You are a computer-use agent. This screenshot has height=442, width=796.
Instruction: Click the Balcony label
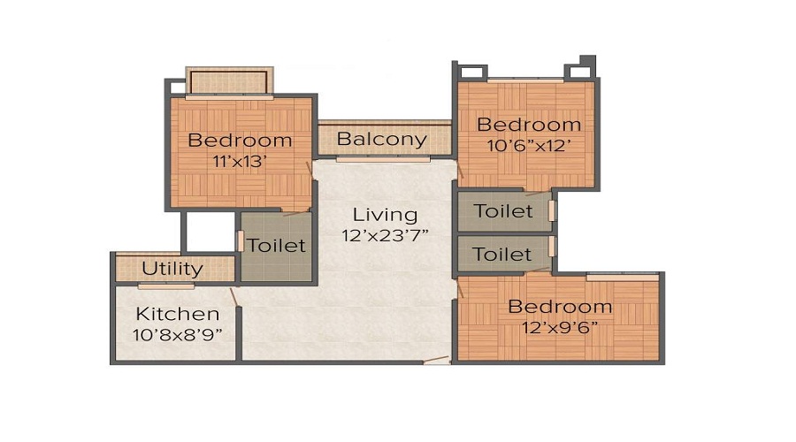coord(382,140)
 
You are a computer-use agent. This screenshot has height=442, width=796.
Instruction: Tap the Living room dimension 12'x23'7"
coord(386,235)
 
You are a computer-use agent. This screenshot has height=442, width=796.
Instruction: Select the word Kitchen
coord(178,314)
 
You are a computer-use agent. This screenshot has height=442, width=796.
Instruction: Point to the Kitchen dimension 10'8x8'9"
coord(178,335)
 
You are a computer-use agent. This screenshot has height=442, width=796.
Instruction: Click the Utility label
coord(172,269)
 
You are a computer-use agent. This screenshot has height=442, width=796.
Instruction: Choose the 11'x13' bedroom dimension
coord(240,162)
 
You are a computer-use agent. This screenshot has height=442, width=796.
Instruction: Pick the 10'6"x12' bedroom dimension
coord(529,146)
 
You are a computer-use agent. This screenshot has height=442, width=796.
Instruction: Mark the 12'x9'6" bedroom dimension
coord(560,327)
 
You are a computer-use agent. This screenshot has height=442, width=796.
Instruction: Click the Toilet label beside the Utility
coord(277,246)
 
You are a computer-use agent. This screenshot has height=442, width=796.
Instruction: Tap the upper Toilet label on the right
coord(503,211)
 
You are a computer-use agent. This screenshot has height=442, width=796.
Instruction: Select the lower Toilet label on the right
coord(502,255)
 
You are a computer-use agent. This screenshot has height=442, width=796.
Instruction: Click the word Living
coord(386,215)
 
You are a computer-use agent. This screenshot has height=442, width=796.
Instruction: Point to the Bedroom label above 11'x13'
coord(240,140)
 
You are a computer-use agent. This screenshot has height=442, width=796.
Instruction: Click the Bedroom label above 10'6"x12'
coord(529,125)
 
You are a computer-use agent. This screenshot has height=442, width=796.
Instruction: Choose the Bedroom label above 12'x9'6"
coord(560,307)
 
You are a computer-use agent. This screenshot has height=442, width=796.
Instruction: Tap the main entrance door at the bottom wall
coord(437,361)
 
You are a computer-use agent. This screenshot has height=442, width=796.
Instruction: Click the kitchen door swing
coord(234,297)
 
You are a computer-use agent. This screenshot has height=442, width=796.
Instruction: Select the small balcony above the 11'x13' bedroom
coord(229,81)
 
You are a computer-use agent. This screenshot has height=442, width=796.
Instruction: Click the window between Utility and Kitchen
coord(166,286)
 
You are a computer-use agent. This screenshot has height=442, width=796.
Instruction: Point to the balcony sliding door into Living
coord(383,159)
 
